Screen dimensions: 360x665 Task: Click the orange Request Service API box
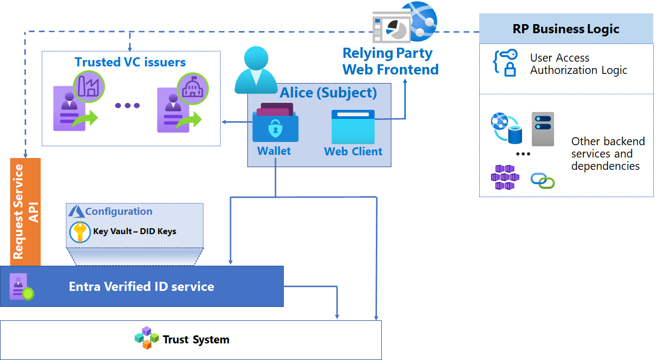(x=25, y=212)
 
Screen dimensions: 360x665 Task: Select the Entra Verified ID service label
(x=141, y=287)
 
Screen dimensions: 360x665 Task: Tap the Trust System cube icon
(x=147, y=338)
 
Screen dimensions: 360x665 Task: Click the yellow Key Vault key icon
(x=80, y=232)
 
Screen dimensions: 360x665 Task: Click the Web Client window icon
(x=353, y=126)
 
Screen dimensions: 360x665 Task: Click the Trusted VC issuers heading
(x=130, y=62)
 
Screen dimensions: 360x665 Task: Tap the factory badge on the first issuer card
(x=88, y=86)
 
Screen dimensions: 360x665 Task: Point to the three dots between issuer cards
(x=127, y=106)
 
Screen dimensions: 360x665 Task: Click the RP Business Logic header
(x=565, y=29)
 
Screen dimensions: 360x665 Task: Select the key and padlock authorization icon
(x=504, y=63)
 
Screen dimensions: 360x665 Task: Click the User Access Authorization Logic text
(x=578, y=64)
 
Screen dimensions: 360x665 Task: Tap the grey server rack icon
(x=542, y=129)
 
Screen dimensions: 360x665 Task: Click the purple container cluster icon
(x=504, y=177)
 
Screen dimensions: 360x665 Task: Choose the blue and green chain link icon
(x=542, y=181)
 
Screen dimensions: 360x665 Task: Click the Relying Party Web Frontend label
(x=390, y=62)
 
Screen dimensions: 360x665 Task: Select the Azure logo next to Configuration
(x=77, y=212)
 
